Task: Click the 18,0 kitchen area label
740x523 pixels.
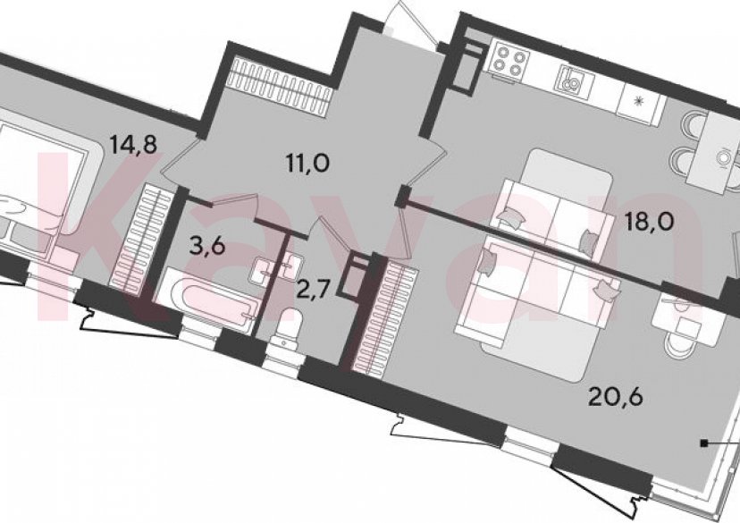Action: coord(650,221)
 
